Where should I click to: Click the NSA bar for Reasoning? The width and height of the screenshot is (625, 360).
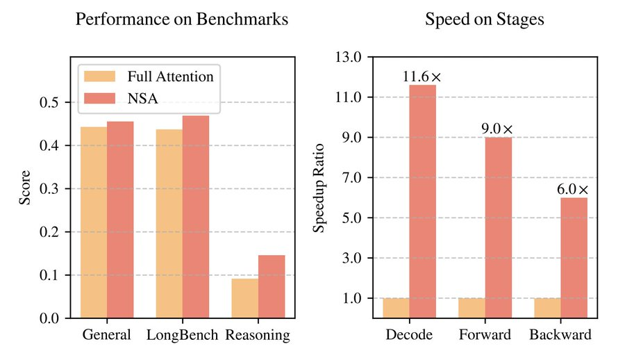(x=272, y=286)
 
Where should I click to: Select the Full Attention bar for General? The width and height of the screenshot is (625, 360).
(x=94, y=222)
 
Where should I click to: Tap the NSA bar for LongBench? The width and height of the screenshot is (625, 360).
(x=196, y=217)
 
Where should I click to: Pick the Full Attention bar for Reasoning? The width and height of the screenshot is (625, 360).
(x=245, y=298)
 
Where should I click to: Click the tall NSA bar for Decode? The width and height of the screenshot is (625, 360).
(x=422, y=202)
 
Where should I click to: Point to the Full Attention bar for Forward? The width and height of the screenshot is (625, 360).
(x=472, y=308)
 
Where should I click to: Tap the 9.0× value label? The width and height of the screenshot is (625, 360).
(x=497, y=129)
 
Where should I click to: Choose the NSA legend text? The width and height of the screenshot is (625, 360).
(x=142, y=99)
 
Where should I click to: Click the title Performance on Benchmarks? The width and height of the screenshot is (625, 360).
(x=181, y=19)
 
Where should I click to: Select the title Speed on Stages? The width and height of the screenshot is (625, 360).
(x=484, y=19)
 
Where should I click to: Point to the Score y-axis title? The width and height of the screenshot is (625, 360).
(x=25, y=188)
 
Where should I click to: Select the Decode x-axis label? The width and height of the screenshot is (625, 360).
(x=409, y=335)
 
